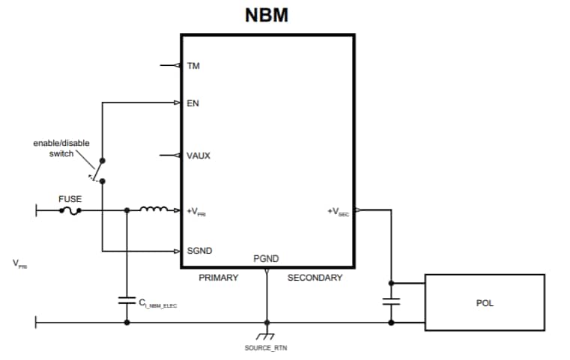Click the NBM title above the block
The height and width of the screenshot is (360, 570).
[266, 16]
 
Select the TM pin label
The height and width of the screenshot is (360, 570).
[193, 66]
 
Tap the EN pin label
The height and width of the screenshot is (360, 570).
[192, 103]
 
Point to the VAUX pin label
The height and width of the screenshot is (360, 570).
[198, 156]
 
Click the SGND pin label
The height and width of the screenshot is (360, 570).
[198, 251]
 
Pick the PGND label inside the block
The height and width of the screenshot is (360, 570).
[266, 259]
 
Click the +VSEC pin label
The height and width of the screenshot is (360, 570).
[338, 212]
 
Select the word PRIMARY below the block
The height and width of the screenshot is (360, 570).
[218, 278]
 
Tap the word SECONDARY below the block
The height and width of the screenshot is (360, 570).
[315, 278]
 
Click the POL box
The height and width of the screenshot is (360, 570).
[485, 303]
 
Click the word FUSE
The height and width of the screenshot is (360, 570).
[70, 200]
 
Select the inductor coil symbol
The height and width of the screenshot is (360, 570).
[155, 210]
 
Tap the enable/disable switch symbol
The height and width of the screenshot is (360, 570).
[97, 171]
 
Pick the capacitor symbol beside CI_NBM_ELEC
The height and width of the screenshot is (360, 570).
[127, 301]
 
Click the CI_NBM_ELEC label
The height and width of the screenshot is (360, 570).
[157, 305]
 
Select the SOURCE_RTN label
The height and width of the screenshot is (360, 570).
[266, 348]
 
